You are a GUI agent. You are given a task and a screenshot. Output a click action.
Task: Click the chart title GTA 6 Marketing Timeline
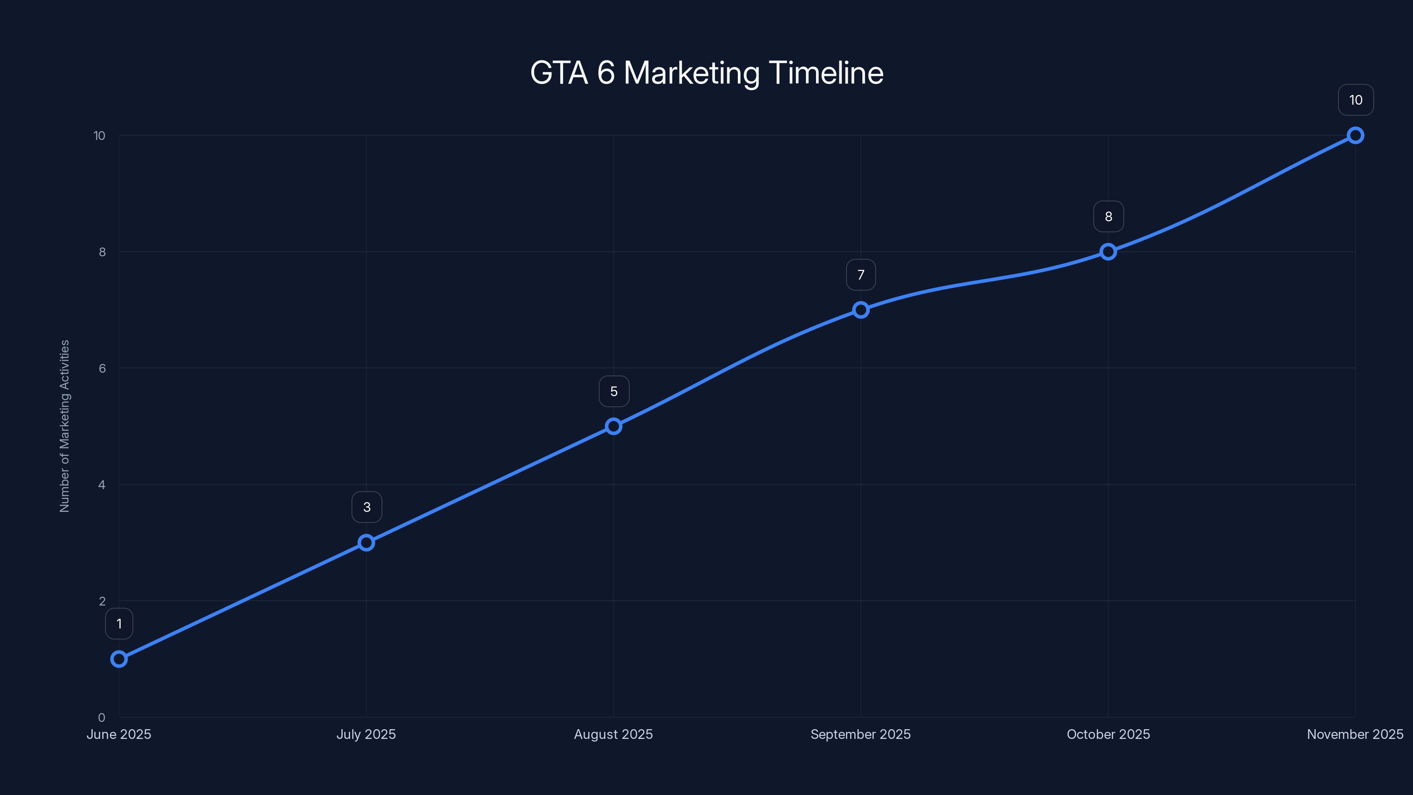tap(706, 73)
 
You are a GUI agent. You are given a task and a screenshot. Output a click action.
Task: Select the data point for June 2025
tap(119, 659)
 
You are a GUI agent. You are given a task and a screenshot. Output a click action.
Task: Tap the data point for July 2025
tap(366, 543)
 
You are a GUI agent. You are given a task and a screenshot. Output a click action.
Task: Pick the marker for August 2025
tap(613, 426)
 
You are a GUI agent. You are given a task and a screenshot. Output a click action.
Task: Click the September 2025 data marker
tap(861, 310)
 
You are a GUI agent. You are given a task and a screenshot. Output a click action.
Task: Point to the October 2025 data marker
tap(1108, 252)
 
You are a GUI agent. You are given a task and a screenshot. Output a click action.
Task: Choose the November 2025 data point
tap(1356, 136)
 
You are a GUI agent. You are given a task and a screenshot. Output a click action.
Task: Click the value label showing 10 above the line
tap(1356, 100)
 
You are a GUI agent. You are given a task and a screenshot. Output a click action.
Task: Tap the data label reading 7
tap(861, 275)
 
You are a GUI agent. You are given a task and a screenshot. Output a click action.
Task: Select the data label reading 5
tap(614, 391)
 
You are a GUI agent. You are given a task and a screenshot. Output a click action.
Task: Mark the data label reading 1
tap(119, 624)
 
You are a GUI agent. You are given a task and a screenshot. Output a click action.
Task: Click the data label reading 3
tap(366, 507)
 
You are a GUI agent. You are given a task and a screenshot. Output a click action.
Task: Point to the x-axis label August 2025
tap(613, 734)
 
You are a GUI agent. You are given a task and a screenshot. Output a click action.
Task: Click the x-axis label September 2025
tap(861, 734)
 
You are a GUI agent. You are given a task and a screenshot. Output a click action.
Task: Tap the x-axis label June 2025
tap(119, 734)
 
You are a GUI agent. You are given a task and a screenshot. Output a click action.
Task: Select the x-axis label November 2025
tap(1355, 734)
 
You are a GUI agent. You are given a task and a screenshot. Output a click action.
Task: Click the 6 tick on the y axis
tap(102, 368)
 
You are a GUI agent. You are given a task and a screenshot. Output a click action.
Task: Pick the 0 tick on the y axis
tap(102, 717)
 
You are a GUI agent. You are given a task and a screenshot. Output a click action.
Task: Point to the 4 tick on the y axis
tap(102, 485)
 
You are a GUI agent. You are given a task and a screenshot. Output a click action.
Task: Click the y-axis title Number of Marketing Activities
tap(65, 426)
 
